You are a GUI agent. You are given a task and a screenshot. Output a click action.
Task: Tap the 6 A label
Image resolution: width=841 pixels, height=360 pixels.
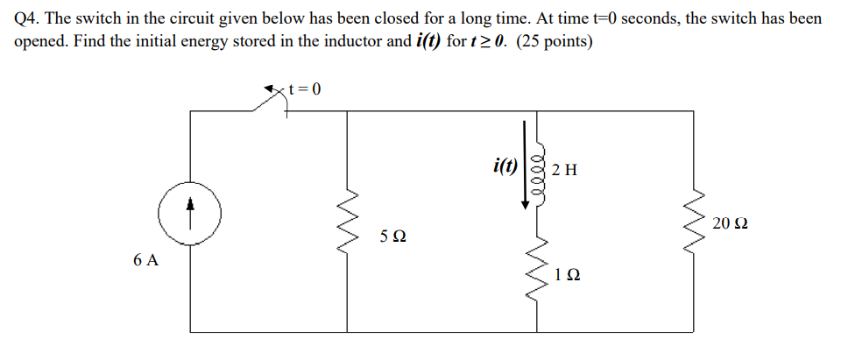click(x=146, y=260)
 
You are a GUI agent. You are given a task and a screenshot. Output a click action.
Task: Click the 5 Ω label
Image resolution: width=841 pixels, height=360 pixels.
click(x=392, y=236)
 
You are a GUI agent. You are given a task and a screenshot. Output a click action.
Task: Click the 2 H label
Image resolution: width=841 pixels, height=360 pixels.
click(x=565, y=170)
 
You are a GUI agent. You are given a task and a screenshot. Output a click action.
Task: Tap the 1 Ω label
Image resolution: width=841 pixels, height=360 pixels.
click(x=568, y=275)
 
